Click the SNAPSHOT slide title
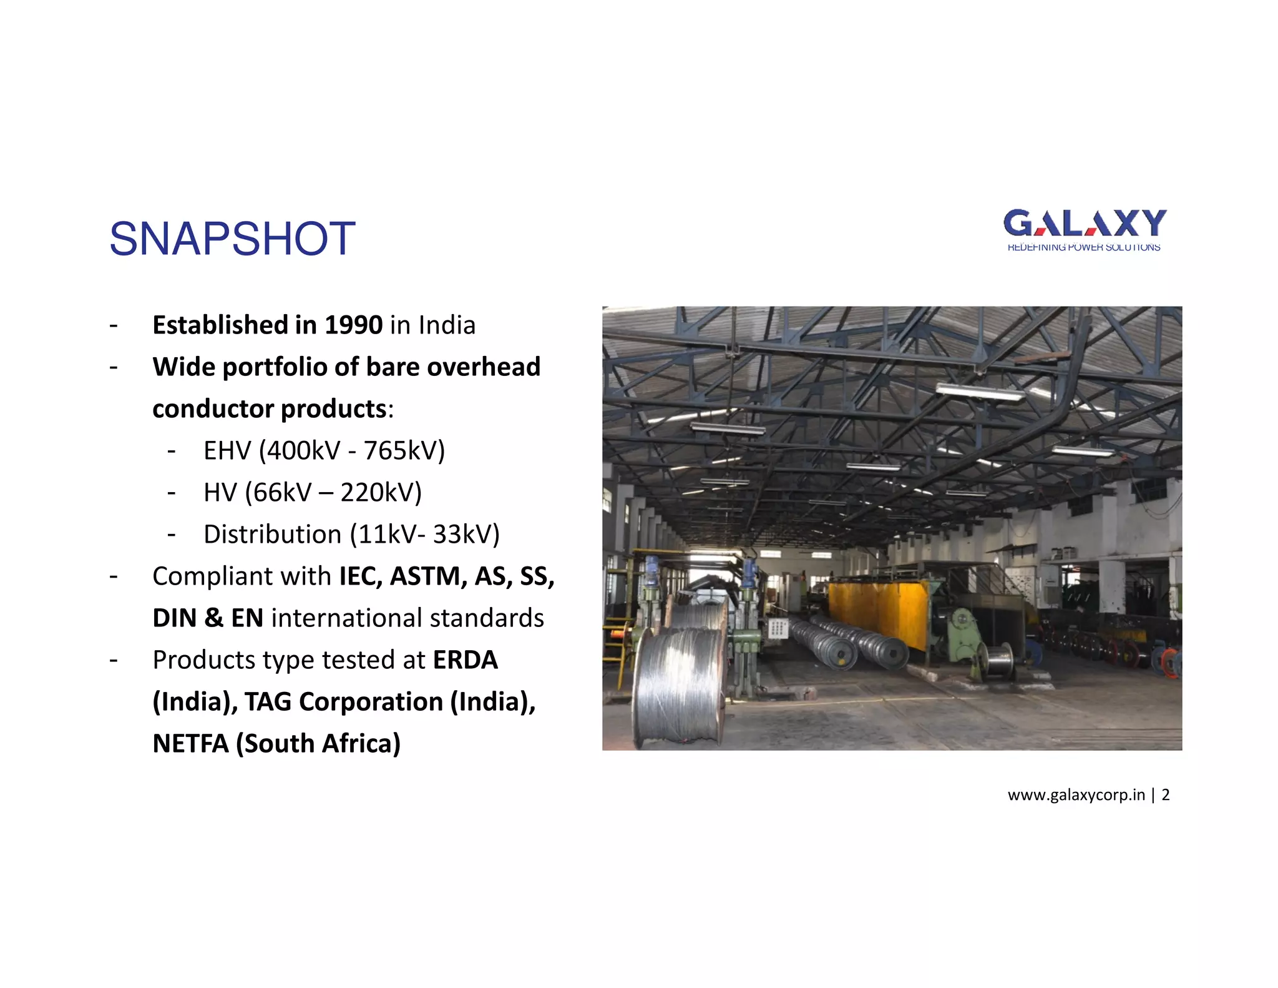tap(232, 239)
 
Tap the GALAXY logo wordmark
tap(1085, 223)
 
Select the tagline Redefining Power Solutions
tap(1084, 248)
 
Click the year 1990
tap(353, 325)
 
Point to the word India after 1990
tap(447, 325)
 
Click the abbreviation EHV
tap(227, 451)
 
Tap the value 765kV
tap(404, 451)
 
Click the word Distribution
tap(272, 535)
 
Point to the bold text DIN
tap(174, 618)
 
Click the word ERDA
tap(466, 660)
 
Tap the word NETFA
tap(190, 744)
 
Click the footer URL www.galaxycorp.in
tap(1076, 795)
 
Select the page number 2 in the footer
tap(1166, 795)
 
